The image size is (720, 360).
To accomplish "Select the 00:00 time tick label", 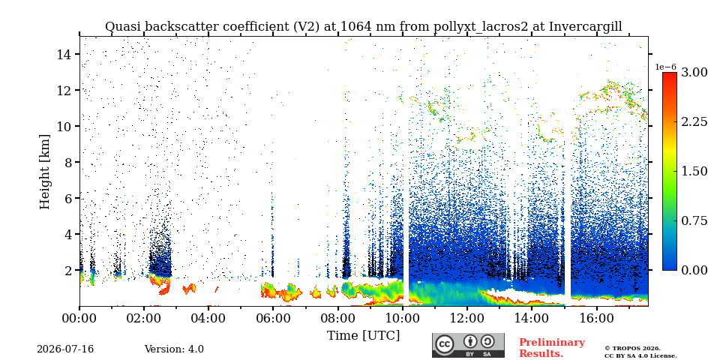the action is (79, 318).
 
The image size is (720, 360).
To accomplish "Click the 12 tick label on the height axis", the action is (64, 90).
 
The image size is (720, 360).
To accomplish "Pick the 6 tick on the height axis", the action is (68, 198).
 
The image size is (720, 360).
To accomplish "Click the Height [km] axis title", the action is (44, 172).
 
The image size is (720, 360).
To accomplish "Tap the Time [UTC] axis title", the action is (363, 335).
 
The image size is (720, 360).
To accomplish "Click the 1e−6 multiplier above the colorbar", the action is (665, 67).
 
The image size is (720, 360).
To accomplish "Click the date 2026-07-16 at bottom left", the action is (65, 349).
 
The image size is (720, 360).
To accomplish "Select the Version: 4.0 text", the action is (174, 349).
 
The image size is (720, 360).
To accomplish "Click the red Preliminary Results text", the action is (551, 348).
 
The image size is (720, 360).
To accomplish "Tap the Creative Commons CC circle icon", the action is (445, 344).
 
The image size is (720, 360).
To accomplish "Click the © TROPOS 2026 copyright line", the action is (632, 349).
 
